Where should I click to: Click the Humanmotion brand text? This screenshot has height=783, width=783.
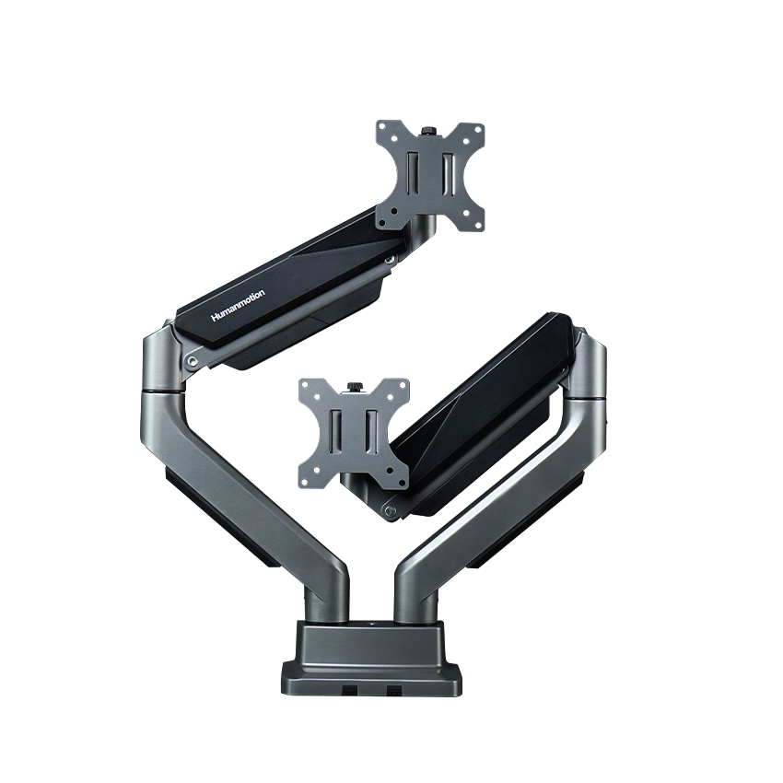238,305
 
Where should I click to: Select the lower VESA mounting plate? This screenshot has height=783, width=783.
354,433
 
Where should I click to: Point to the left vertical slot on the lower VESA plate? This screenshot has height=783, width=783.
338,433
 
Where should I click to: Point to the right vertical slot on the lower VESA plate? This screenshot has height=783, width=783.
370,433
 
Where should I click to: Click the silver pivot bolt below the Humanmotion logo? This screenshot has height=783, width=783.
191,362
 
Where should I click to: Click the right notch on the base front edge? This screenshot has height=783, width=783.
394,690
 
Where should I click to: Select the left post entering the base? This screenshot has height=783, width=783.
330,603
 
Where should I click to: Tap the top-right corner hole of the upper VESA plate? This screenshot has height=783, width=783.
474,130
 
